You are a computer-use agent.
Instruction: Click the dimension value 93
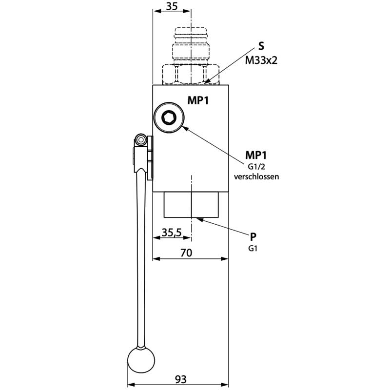180,378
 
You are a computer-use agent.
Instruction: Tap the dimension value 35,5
172,233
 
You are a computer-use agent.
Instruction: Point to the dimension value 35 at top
172,6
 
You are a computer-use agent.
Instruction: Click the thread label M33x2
261,60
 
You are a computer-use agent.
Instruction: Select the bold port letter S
261,47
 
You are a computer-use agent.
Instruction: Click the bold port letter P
253,237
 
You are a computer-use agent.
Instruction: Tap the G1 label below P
253,248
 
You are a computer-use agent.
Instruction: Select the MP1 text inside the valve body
198,100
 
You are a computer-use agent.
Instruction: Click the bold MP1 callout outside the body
256,155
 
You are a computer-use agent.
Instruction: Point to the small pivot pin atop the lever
141,140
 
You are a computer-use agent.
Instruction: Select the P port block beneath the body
191,205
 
